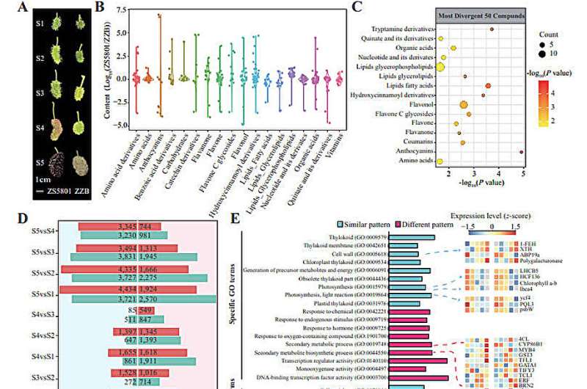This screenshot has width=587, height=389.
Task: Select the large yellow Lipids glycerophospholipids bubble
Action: point(440,67)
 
